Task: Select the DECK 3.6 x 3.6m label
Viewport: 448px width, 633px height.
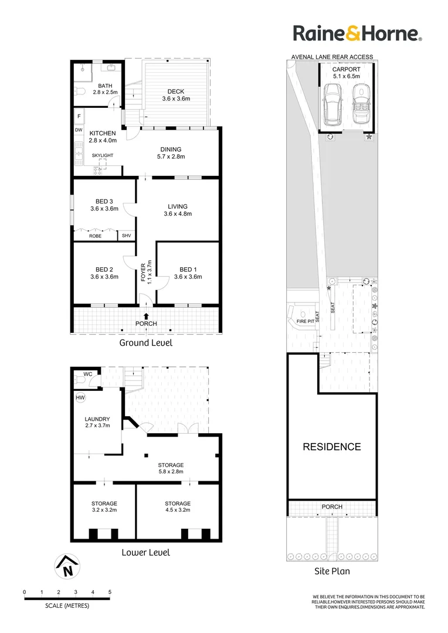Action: click(x=176, y=95)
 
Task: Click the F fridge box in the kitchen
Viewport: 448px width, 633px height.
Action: click(x=79, y=116)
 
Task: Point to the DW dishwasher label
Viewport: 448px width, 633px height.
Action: click(x=79, y=130)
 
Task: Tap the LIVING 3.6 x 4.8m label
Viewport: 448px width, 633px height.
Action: click(x=177, y=210)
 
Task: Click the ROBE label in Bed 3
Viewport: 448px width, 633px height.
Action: click(x=95, y=236)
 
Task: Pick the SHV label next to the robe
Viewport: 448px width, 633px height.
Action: click(x=126, y=236)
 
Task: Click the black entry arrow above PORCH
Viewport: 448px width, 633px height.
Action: click(x=146, y=316)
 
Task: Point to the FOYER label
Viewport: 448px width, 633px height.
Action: click(x=144, y=273)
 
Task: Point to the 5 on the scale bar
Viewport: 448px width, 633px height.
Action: click(x=110, y=593)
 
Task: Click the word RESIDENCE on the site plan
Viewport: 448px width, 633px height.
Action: click(x=331, y=447)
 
